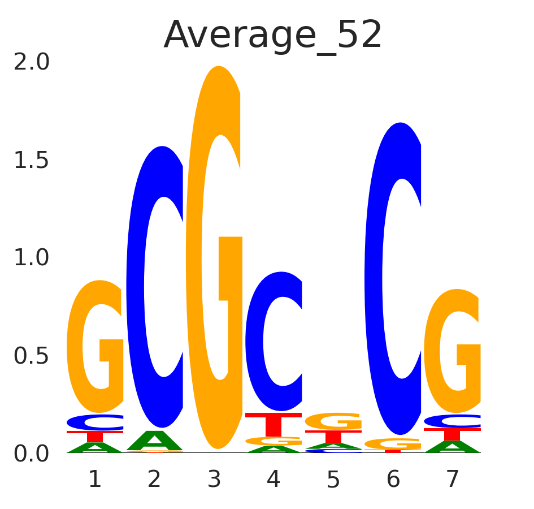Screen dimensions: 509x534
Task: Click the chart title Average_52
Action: coord(273,36)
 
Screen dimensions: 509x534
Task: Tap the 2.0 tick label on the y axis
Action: coord(32,62)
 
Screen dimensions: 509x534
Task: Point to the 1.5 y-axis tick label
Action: coord(32,161)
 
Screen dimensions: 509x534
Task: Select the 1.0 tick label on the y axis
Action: coord(32,258)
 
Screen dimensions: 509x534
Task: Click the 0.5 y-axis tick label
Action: coord(32,356)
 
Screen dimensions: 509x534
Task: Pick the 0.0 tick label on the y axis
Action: coord(32,454)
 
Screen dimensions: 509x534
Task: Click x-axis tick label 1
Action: coord(95,480)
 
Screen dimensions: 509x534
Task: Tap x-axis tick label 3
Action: coord(214,480)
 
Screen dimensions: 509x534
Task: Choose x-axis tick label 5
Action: coord(333,480)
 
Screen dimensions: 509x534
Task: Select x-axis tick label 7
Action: coord(452,480)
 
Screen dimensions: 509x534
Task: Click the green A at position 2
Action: coord(154,441)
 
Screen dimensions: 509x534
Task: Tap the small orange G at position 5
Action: coord(333,421)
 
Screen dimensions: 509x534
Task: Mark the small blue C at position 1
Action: coord(95,422)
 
